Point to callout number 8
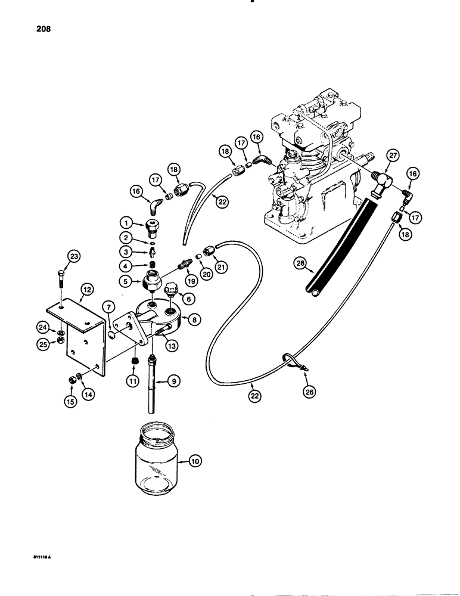click(194, 319)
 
